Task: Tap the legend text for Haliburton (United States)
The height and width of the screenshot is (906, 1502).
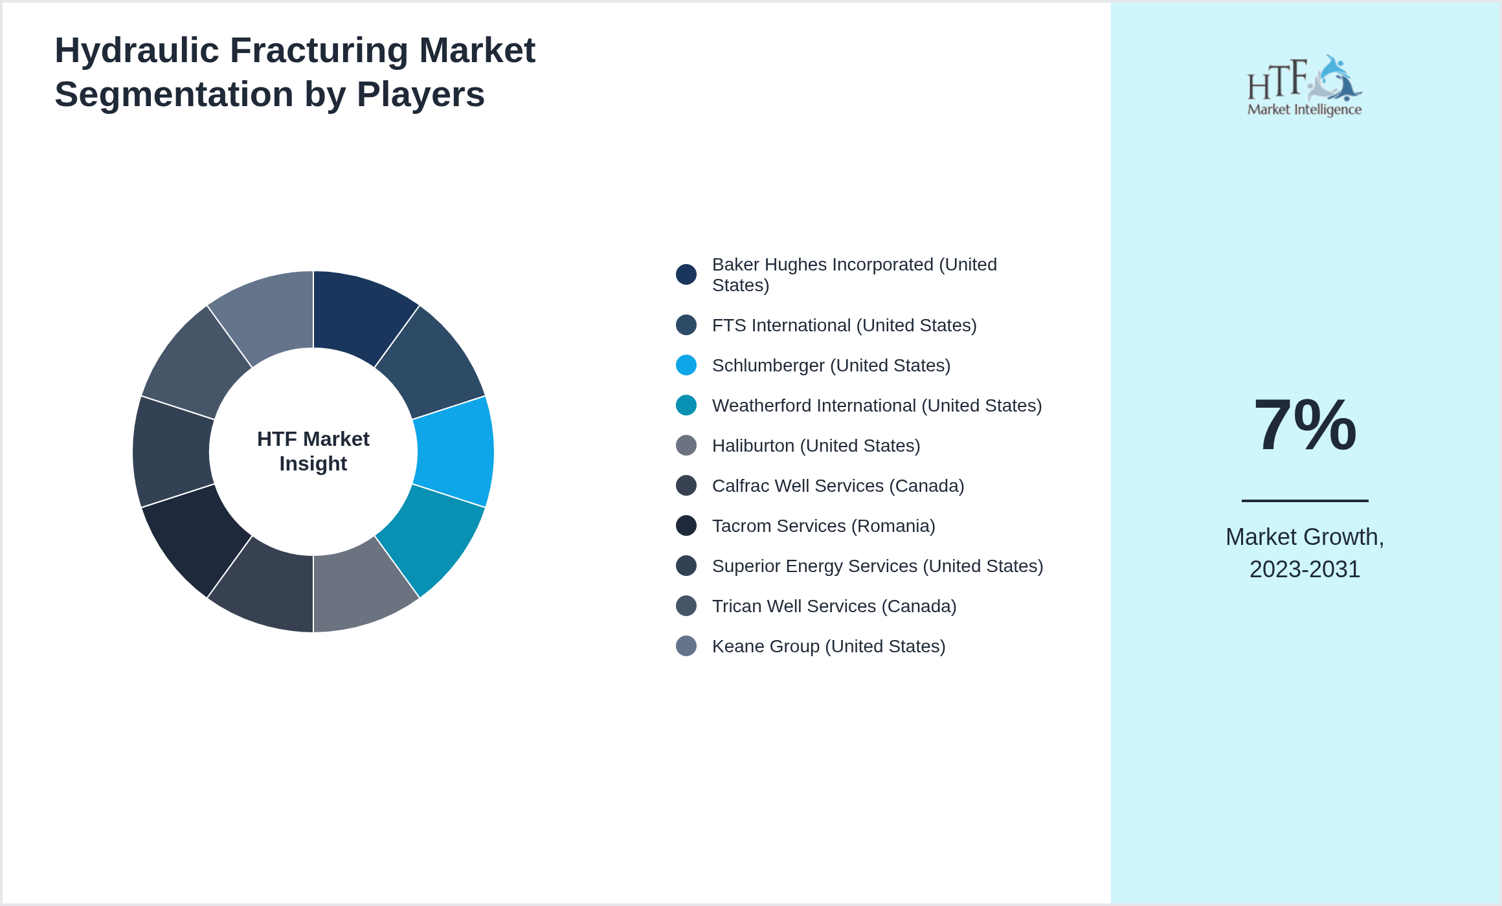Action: coord(816,445)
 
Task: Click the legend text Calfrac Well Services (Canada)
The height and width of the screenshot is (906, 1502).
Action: coord(838,485)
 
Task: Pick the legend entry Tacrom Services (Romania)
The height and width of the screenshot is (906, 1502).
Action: coord(824,525)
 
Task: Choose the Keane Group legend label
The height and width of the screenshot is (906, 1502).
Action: coord(829,646)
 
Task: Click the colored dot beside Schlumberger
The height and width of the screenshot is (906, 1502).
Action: coord(686,365)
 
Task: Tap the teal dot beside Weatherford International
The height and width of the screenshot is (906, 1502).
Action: coord(686,405)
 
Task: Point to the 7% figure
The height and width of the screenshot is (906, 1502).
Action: coord(1305,425)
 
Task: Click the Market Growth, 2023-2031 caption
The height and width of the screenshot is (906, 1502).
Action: coord(1305,553)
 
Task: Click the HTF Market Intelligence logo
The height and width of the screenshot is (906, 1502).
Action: coord(1305,86)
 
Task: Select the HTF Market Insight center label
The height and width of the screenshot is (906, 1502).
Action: coord(313,451)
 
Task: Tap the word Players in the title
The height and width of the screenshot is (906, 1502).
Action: coord(420,94)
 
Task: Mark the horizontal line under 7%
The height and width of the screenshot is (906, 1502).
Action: coord(1305,500)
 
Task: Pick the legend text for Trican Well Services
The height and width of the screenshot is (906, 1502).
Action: coord(834,606)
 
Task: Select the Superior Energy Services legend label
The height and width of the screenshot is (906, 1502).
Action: coord(877,566)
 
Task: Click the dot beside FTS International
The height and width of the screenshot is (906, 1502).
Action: coord(686,325)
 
